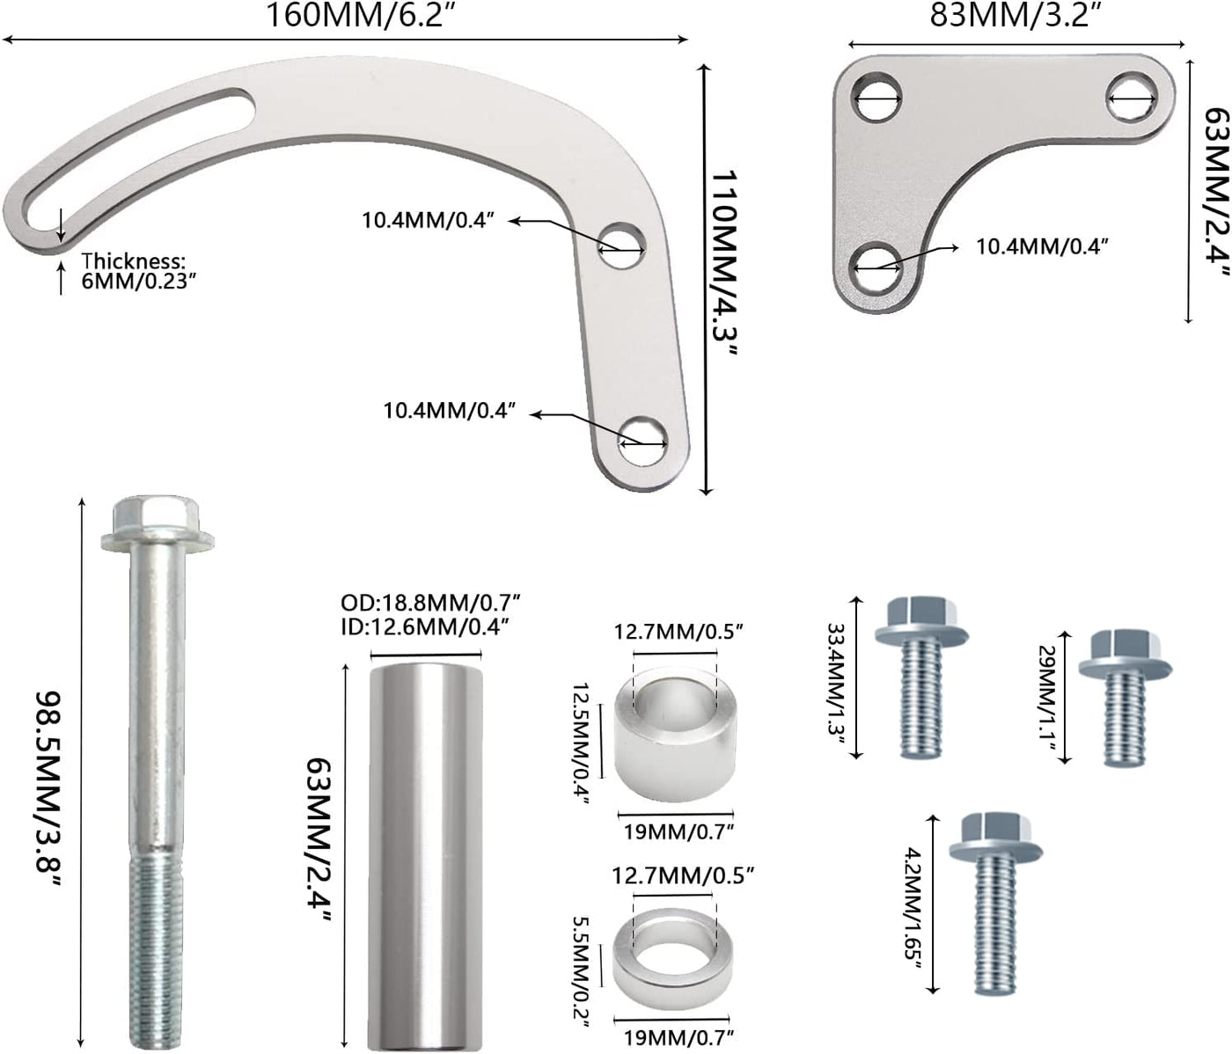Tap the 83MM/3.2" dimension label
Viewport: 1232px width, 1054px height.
[x=1014, y=16]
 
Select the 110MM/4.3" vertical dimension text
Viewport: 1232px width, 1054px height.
[x=725, y=263]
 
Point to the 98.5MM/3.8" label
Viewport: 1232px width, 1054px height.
[x=48, y=789]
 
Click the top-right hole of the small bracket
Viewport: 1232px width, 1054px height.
[x=1132, y=98]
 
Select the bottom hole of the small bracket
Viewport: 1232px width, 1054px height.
[x=876, y=267]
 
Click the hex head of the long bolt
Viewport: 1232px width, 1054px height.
[x=158, y=523]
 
